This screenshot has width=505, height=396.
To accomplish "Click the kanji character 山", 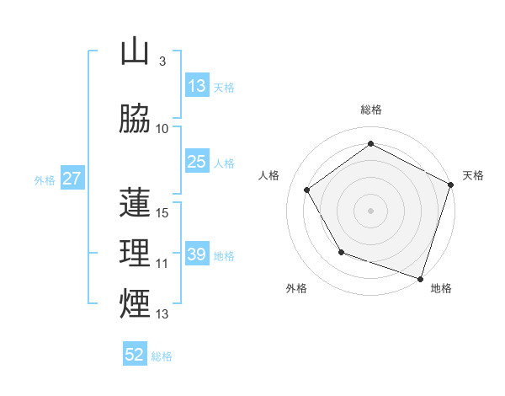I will click(135, 52).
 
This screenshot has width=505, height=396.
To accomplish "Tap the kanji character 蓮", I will click(135, 202).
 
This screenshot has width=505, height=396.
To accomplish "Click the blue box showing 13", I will click(197, 86).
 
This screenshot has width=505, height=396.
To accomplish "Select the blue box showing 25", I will click(197, 162).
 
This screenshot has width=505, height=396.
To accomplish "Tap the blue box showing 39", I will click(197, 254).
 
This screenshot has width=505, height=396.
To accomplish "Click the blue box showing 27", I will click(72, 179).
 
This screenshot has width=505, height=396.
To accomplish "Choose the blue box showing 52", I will click(135, 355).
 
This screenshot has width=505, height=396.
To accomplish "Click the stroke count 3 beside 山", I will click(162, 62).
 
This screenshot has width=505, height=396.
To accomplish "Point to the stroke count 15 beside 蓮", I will click(163, 212).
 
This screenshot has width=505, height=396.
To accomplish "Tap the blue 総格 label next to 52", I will click(162, 356).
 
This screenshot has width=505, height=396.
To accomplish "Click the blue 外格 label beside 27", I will click(45, 179).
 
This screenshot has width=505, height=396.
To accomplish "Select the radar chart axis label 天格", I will click(473, 175).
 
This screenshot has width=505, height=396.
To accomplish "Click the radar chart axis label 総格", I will click(371, 110).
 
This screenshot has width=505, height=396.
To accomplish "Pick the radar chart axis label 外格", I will click(296, 288).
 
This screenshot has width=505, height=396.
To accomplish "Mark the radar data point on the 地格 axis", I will click(419, 277).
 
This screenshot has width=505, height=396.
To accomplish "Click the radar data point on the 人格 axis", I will click(307, 190).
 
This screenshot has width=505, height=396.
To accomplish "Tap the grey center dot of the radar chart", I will click(370, 210).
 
